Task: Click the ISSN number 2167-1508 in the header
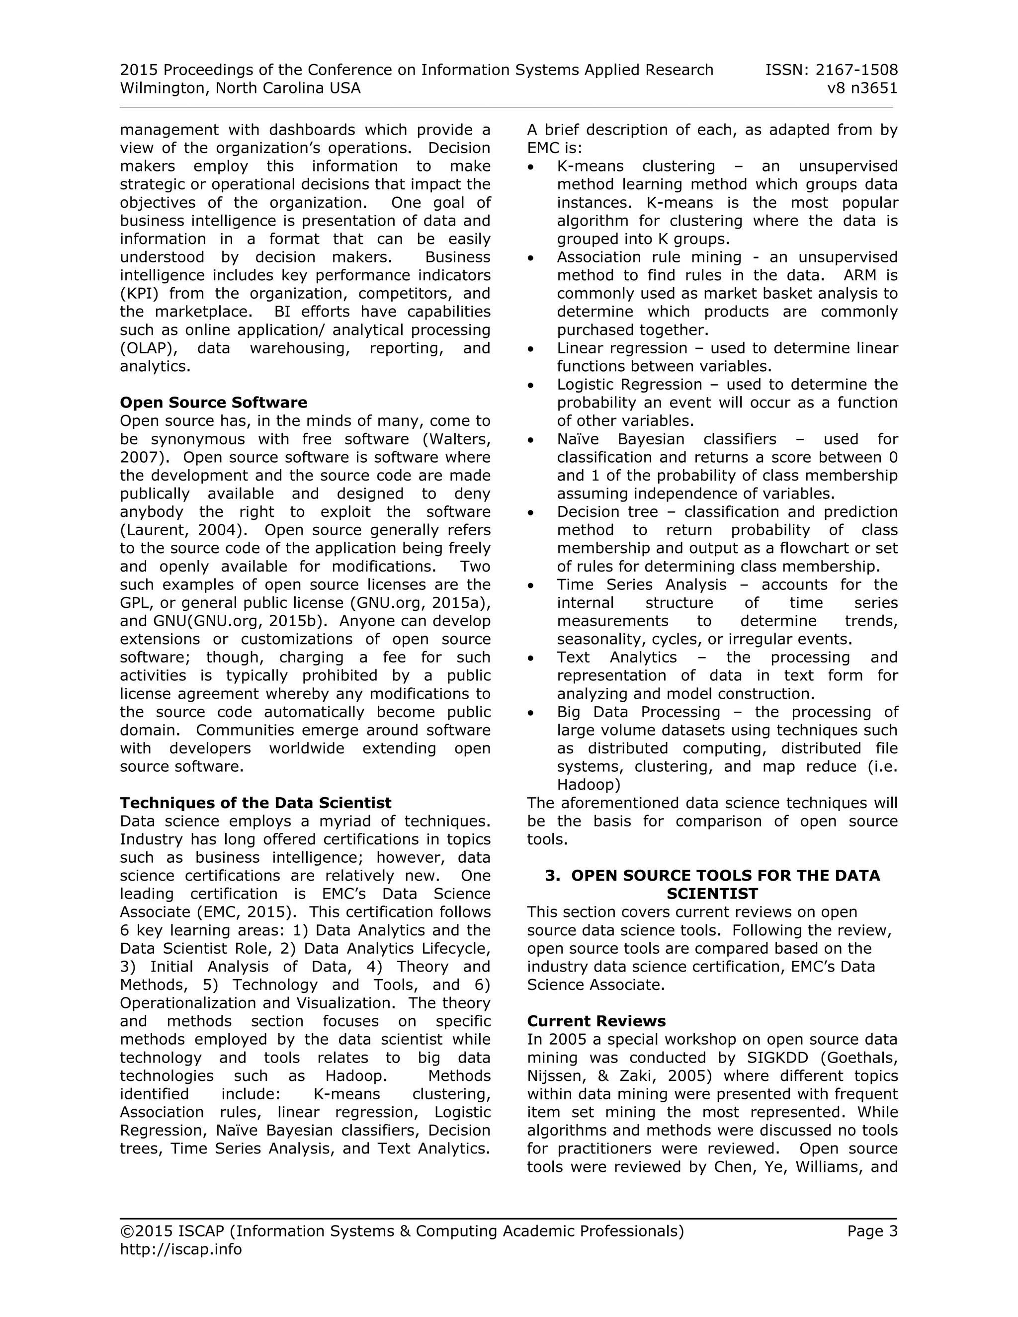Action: click(856, 70)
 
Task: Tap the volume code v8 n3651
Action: click(862, 88)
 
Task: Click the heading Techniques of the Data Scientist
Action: click(255, 803)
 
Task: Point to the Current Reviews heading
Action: click(596, 1021)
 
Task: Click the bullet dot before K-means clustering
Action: click(531, 167)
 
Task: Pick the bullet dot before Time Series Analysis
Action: click(531, 585)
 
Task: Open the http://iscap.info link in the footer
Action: click(181, 1249)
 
